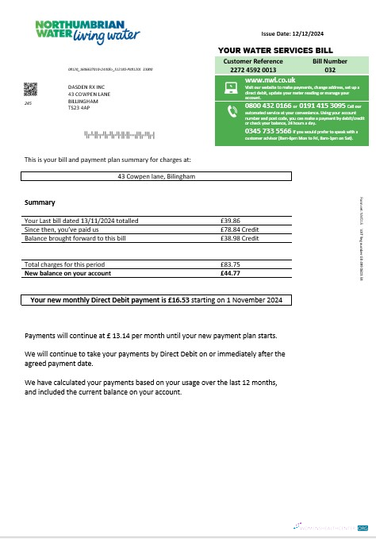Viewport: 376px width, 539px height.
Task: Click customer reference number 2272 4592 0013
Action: [248, 68]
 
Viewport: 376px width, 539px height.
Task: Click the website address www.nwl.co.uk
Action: [265, 80]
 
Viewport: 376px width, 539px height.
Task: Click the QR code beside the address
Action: [30, 88]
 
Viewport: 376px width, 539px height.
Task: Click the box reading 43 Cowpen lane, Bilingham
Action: [155, 176]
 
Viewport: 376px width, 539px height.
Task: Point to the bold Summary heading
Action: [40, 202]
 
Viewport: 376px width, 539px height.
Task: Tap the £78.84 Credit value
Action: [238, 229]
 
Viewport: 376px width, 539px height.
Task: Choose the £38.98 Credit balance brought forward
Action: [238, 238]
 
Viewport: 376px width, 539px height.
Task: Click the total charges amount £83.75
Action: [230, 264]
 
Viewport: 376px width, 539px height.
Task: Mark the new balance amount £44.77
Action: [230, 272]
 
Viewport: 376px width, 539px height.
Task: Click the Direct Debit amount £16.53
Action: [182, 301]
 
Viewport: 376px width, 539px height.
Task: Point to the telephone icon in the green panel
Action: [232, 111]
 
